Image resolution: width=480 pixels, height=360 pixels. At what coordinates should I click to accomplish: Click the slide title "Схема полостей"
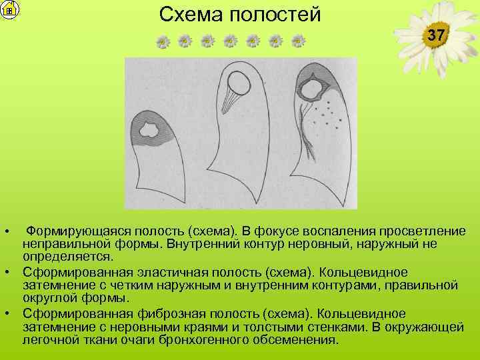click(240, 14)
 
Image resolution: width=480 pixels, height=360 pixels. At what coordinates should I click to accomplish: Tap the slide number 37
click(435, 35)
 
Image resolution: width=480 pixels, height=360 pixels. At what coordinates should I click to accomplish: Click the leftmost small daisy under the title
click(163, 42)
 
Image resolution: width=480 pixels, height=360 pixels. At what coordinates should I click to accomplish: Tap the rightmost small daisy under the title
click(298, 42)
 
